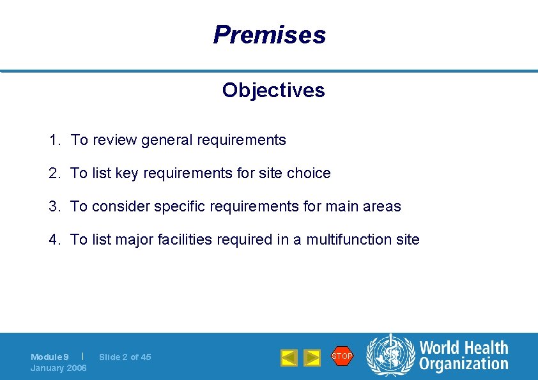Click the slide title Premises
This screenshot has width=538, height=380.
point(269,34)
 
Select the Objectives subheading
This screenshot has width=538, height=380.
point(273,91)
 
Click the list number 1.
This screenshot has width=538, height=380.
point(54,140)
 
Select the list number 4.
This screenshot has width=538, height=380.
point(54,239)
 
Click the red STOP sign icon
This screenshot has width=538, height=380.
point(342,356)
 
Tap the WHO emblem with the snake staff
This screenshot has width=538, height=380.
point(390,356)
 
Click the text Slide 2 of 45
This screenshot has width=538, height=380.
point(125,357)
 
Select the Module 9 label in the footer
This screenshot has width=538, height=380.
point(50,357)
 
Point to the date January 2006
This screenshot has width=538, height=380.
point(59,368)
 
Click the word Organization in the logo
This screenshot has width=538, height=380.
point(464,364)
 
